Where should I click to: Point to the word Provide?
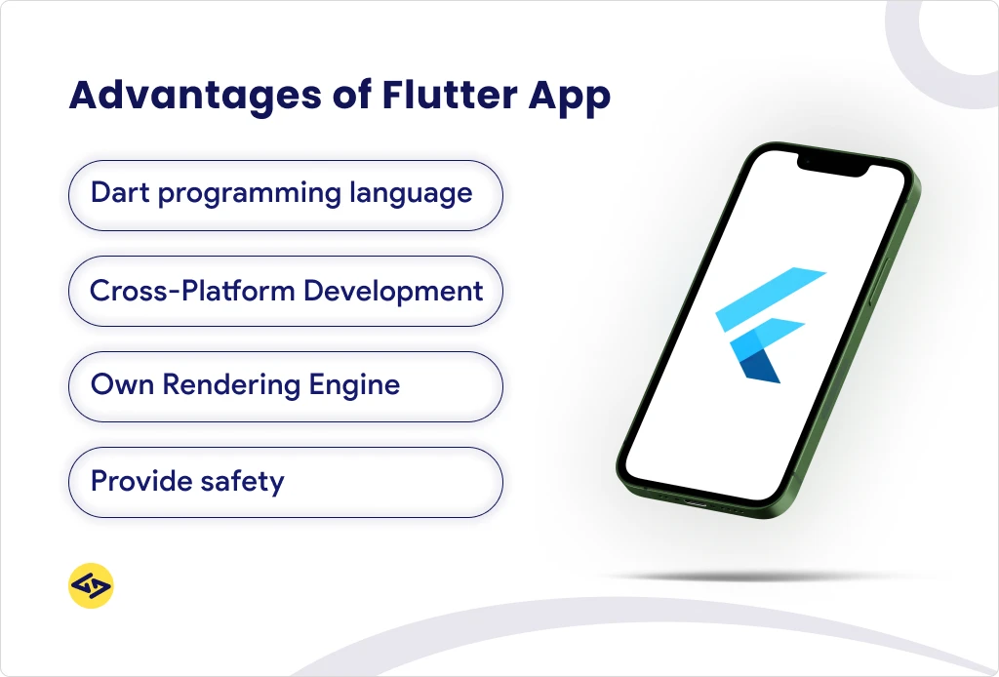[x=137, y=481]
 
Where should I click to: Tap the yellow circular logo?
[x=91, y=586]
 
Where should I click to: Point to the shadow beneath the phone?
[x=741, y=577]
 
